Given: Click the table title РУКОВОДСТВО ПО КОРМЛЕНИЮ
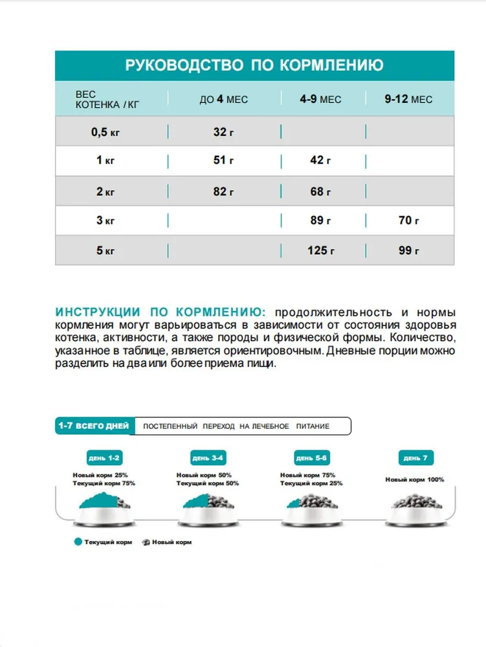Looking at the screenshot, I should pyautogui.click(x=254, y=65).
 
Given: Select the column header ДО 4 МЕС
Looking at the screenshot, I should pyautogui.click(x=223, y=99).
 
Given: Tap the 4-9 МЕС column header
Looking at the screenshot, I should pyautogui.click(x=320, y=99).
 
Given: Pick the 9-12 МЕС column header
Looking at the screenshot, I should pyautogui.click(x=408, y=99).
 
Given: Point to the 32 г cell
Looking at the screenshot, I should pyautogui.click(x=223, y=132).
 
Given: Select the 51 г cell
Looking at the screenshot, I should pyautogui.click(x=223, y=160).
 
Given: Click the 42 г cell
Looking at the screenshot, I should pyautogui.click(x=320, y=160).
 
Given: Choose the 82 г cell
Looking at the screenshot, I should pyautogui.click(x=223, y=192).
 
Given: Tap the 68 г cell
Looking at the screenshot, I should pyautogui.click(x=320, y=192).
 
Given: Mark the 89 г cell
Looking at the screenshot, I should pyautogui.click(x=320, y=221).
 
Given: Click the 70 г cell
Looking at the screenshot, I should pyautogui.click(x=409, y=221).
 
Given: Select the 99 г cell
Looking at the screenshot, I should pyautogui.click(x=409, y=250).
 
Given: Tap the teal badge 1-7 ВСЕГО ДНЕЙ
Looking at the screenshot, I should pyautogui.click(x=94, y=426).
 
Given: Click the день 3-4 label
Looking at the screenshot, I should pyautogui.click(x=208, y=458).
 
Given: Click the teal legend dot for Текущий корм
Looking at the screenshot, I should pyautogui.click(x=78, y=542).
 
